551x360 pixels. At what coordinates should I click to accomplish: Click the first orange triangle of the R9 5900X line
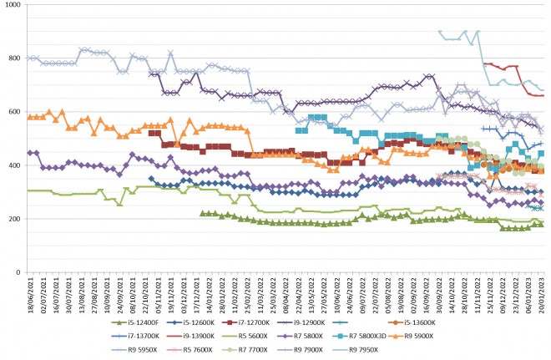[x=30, y=117]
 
